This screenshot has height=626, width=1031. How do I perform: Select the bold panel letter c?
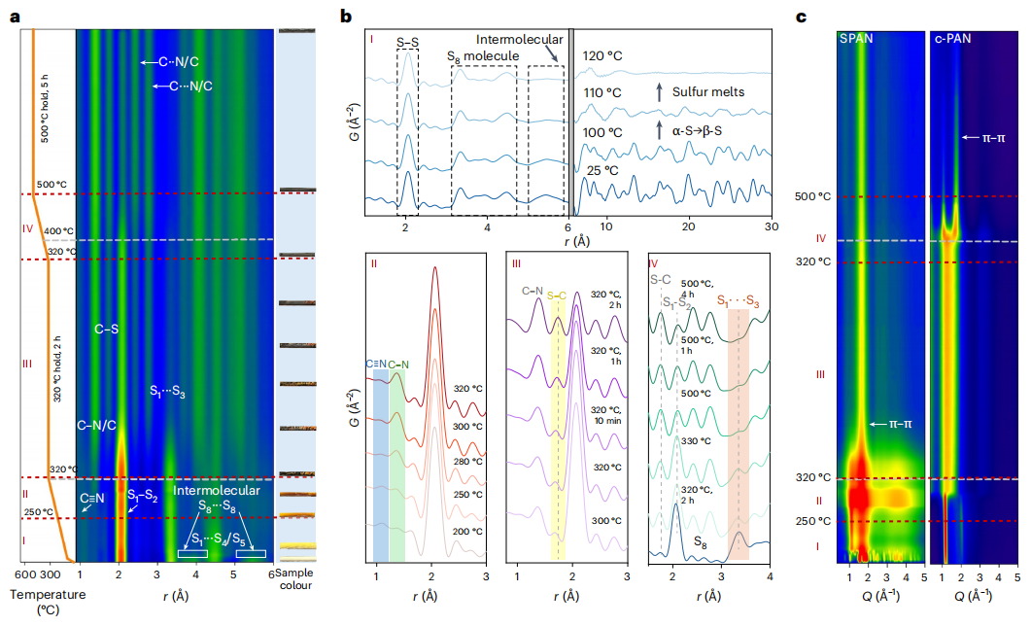pos(801,17)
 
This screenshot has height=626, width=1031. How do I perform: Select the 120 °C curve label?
pos(602,56)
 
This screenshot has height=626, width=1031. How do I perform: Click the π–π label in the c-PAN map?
pos(989,138)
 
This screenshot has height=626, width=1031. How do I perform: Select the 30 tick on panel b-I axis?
pos(769,226)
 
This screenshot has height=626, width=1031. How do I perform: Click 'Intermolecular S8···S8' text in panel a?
pos(218,498)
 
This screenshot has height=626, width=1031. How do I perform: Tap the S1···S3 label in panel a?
pos(168,391)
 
